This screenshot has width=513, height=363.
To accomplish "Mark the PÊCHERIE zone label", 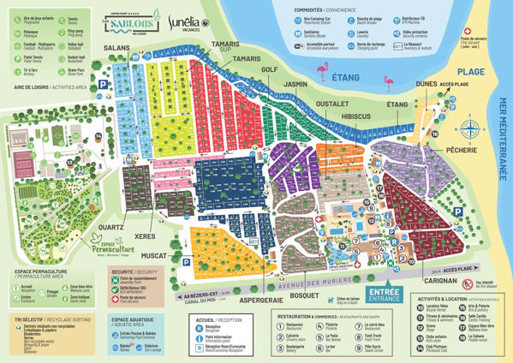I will (x=443, y=150).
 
